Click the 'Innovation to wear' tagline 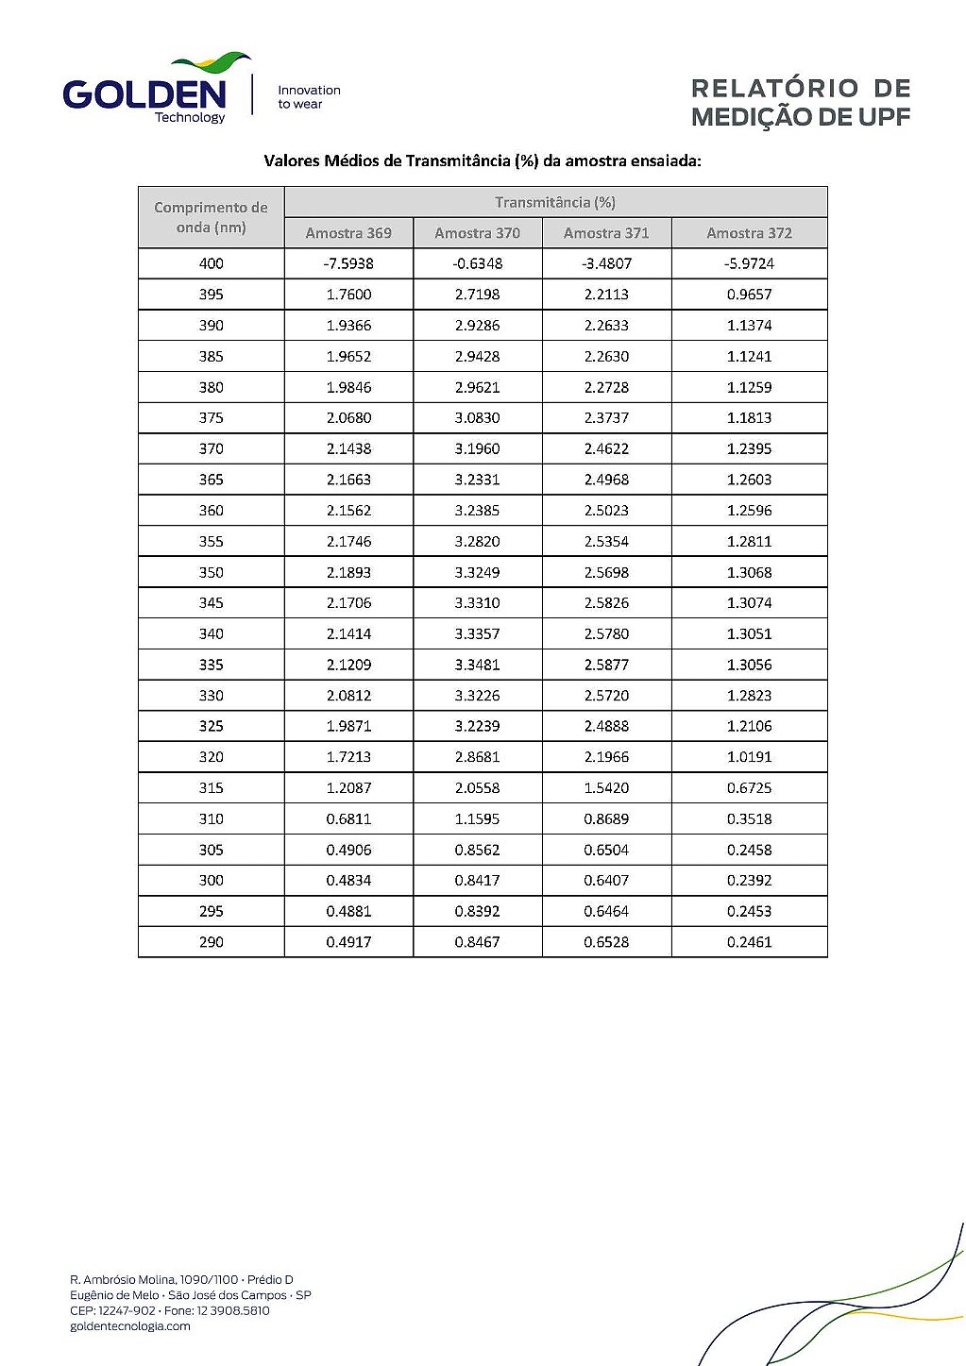point(309,97)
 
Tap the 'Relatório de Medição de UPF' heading point(800,103)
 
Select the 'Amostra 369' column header point(348,233)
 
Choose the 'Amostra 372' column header point(749,233)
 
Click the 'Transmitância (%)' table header point(555,202)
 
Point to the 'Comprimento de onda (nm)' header point(211,217)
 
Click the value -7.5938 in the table point(348,263)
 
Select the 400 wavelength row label point(211,263)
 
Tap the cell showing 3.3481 point(477,665)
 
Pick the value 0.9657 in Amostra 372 point(749,295)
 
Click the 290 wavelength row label point(211,942)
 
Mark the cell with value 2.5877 point(606,665)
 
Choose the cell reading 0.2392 point(749,880)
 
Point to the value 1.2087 point(348,787)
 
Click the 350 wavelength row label point(211,572)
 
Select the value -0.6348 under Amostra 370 point(477,263)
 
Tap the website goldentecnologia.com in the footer point(130,1326)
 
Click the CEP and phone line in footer point(170,1310)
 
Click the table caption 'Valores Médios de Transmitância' point(483,160)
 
